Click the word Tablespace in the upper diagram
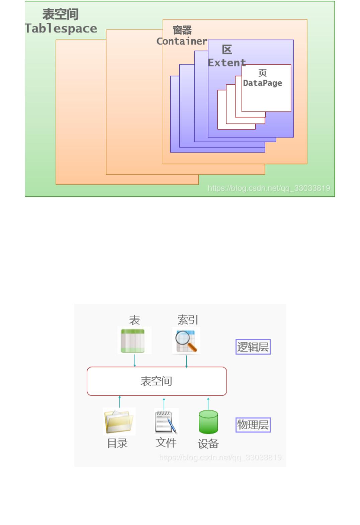(61, 28)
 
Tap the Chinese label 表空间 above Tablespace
(61, 14)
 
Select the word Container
(182, 41)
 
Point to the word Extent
(227, 63)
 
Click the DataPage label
(263, 83)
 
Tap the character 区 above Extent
(227, 50)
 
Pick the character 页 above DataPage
(263, 73)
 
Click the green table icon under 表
(134, 340)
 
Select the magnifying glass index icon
(186, 341)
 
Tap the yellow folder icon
(119, 421)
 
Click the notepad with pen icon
(166, 421)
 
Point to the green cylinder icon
(208, 422)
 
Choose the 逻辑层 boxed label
(253, 347)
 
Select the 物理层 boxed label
(253, 425)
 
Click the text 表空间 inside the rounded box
(156, 381)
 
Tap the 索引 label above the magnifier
(188, 320)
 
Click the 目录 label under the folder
(117, 443)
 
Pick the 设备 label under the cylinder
(208, 444)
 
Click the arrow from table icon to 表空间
(135, 360)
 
